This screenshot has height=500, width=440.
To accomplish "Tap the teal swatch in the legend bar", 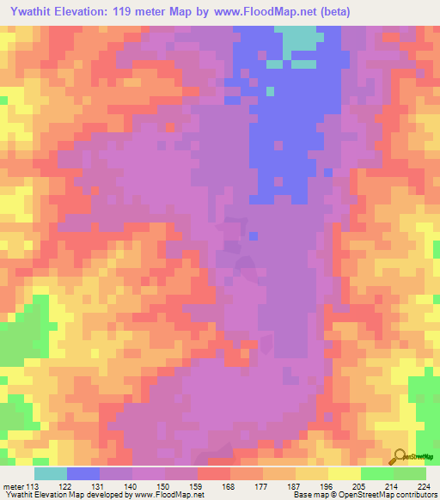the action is click(x=51, y=473).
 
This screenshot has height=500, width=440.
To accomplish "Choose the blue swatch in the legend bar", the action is click(x=83, y=473).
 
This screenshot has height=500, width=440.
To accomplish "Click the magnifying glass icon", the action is click(x=399, y=457).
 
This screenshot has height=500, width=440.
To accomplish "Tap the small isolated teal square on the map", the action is click(x=270, y=90).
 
